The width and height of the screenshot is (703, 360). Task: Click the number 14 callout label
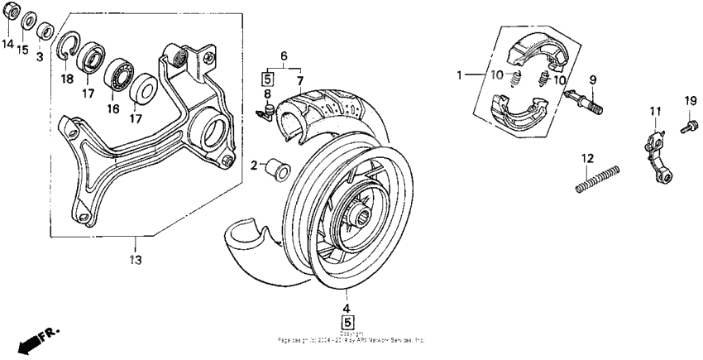pos(8,43)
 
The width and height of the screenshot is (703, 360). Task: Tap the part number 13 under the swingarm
pos(135,260)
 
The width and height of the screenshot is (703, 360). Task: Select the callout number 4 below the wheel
pos(347,306)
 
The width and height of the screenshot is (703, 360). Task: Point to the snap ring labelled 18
pos(69,49)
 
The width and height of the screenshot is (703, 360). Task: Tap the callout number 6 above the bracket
pos(284,56)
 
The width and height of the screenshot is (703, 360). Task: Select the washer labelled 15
pos(27,20)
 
